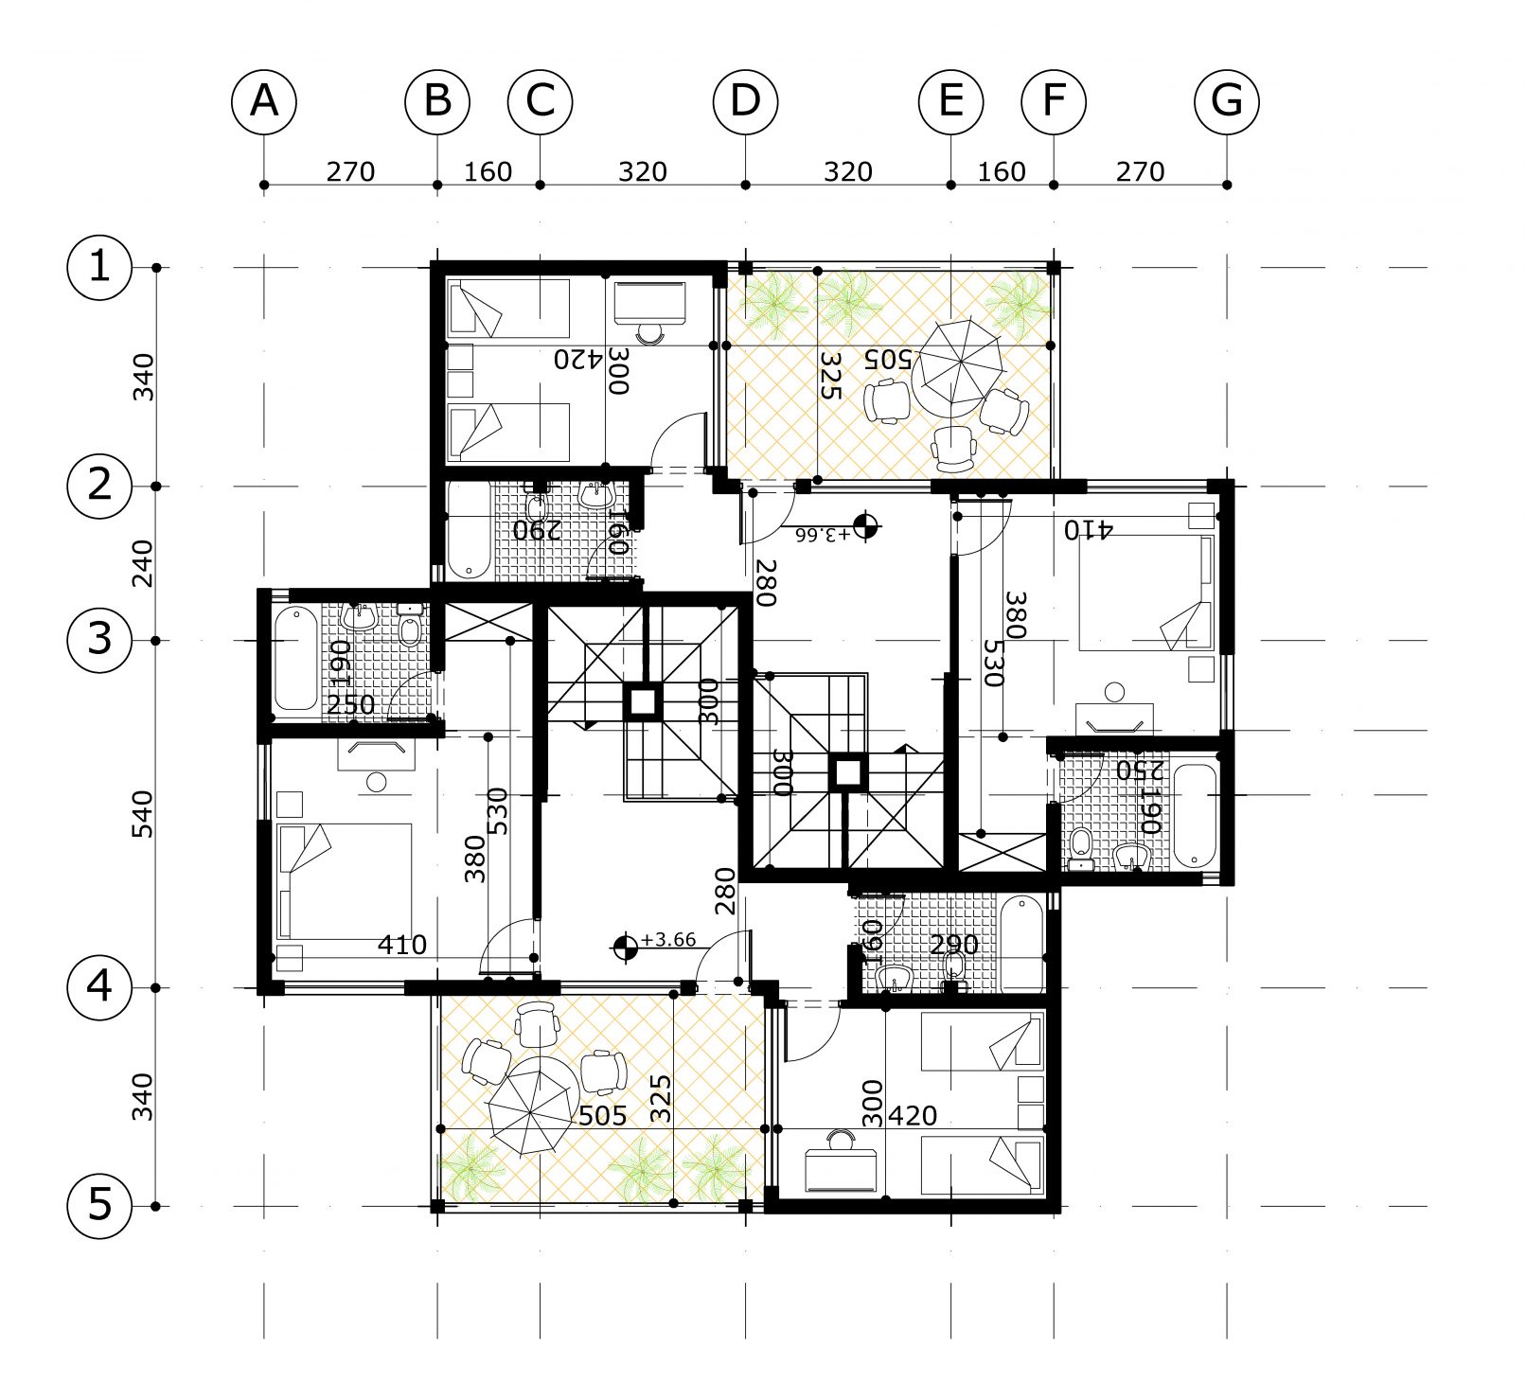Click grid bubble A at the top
tap(264, 101)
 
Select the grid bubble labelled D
tap(745, 101)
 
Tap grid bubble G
tap(1227, 101)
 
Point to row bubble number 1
tap(99, 267)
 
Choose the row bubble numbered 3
tap(99, 640)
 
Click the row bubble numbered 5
tap(99, 1206)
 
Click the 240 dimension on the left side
tap(142, 563)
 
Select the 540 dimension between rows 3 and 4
tap(142, 814)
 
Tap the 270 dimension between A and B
tap(350, 172)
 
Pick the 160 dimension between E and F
tap(1002, 172)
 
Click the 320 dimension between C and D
tap(643, 172)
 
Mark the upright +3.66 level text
tap(668, 940)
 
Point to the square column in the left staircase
tap(643, 702)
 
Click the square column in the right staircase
tap(847, 773)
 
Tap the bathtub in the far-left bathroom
tap(296, 659)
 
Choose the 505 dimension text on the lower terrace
tap(602, 1116)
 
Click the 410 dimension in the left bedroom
tap(401, 945)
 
